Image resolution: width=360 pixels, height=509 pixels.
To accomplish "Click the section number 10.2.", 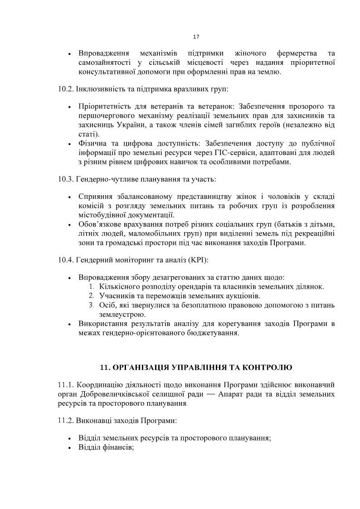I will [65, 89].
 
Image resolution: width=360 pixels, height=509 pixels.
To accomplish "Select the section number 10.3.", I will [65, 179].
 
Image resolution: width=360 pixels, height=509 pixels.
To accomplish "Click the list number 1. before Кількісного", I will [92, 286].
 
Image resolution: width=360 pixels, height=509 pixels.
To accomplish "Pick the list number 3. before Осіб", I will [92, 305].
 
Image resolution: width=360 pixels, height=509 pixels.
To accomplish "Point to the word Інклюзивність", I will [97, 89].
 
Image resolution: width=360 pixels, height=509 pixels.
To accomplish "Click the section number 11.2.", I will [65, 421].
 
